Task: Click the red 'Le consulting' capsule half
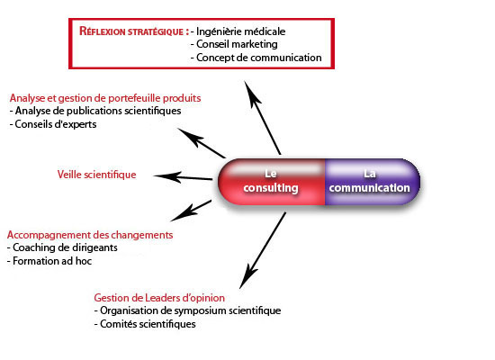[x=273, y=180]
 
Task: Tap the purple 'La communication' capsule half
[x=373, y=180]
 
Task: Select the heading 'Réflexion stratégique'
[x=132, y=31]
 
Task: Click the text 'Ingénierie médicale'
[x=242, y=31]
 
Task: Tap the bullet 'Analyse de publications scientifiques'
[x=97, y=111]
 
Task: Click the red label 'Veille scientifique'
[x=96, y=175]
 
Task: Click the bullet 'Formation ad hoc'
[x=52, y=261]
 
